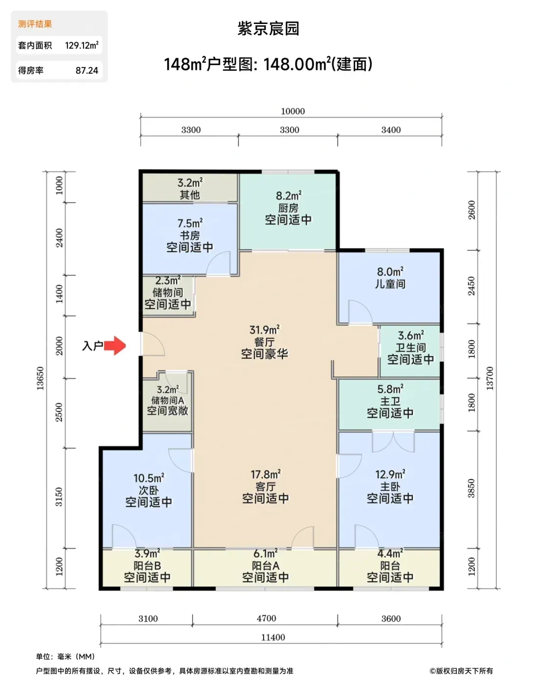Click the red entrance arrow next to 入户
click(115, 345)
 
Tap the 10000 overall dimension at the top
click(292, 111)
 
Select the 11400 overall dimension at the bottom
click(273, 638)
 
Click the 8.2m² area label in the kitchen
click(289, 196)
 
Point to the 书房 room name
click(190, 235)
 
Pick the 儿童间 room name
click(390, 284)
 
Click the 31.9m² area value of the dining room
click(265, 330)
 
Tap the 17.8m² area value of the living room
click(266, 474)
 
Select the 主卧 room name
click(390, 487)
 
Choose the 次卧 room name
click(149, 491)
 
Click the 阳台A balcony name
click(266, 566)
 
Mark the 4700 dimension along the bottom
click(267, 619)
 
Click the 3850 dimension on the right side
click(471, 488)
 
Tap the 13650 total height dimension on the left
click(40, 378)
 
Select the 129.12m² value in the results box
click(82, 45)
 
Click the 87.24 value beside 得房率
click(87, 70)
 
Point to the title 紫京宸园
click(268, 29)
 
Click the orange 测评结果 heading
click(35, 24)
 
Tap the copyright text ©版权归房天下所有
click(461, 671)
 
